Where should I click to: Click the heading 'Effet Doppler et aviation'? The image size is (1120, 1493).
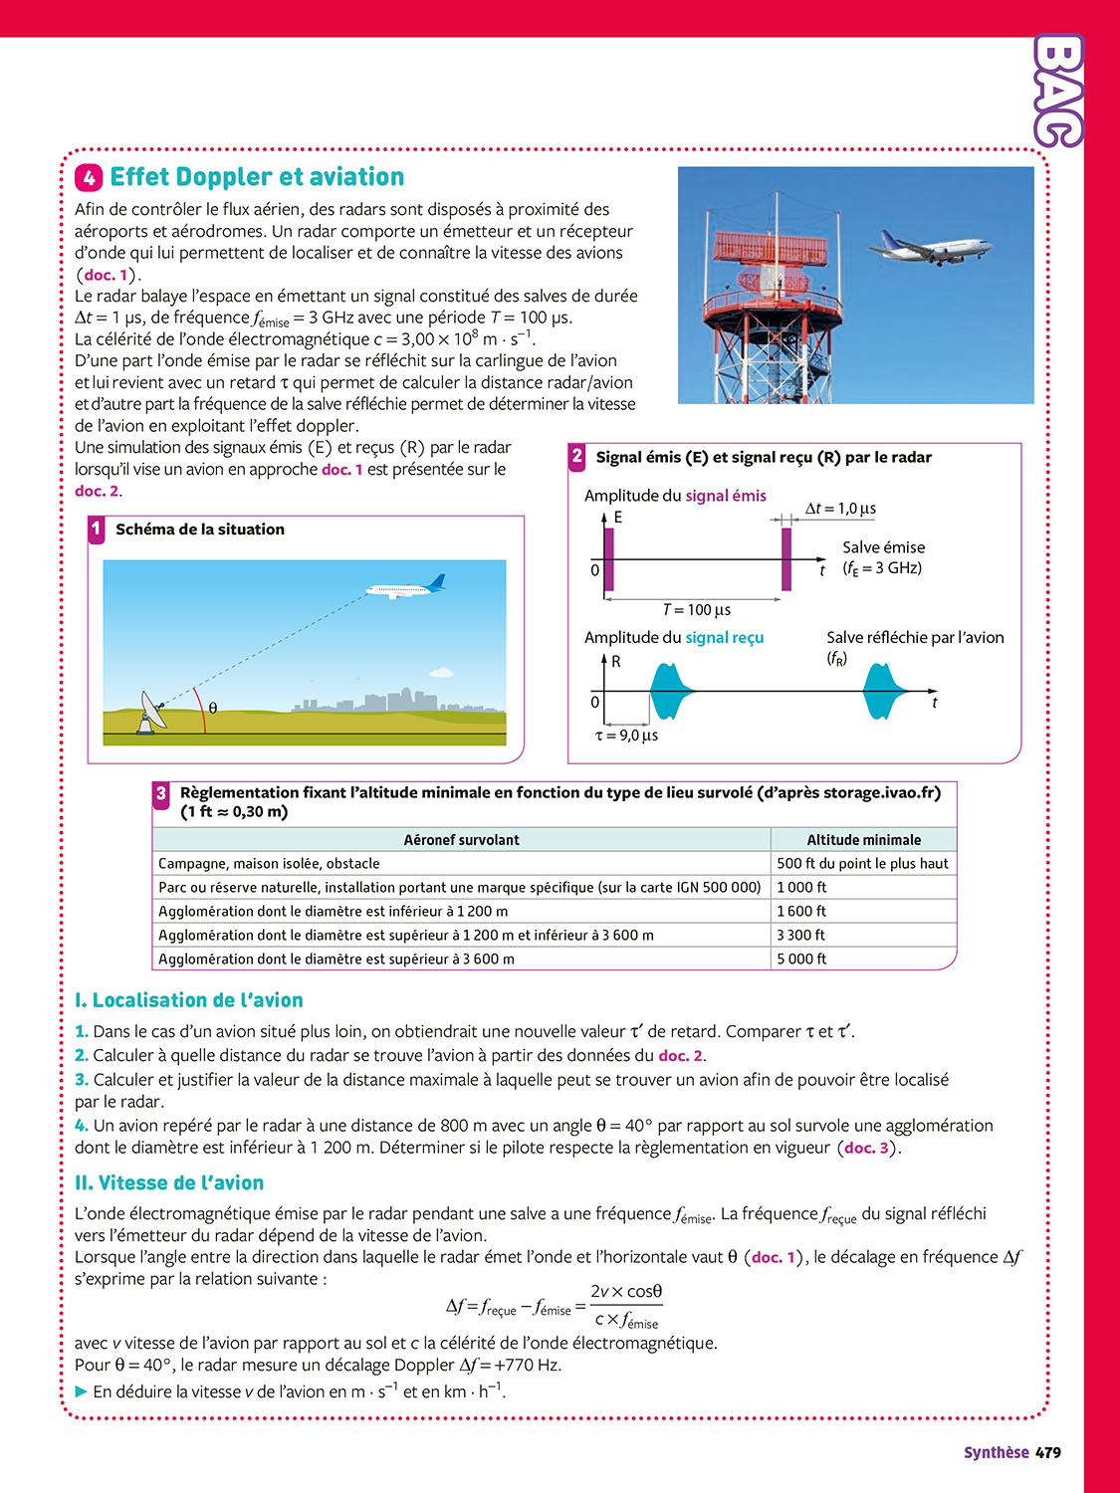click(x=257, y=177)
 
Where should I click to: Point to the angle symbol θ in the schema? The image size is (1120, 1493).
click(x=213, y=709)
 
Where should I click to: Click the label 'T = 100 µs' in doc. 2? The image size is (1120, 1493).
click(x=697, y=609)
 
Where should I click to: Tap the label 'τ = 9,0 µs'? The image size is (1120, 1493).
click(x=626, y=736)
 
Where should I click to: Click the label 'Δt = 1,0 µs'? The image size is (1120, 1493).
click(x=840, y=509)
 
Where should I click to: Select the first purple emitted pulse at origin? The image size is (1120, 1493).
click(x=608, y=559)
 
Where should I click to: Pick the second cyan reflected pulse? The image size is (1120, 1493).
click(x=883, y=691)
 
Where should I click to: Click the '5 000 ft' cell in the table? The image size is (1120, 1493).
click(x=801, y=959)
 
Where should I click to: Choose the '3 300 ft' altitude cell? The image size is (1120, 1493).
click(x=801, y=935)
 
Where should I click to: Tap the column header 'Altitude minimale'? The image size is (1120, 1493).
click(x=863, y=840)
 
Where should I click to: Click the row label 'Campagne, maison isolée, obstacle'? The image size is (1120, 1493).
click(x=269, y=864)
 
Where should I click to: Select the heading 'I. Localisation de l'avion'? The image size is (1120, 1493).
click(x=189, y=1000)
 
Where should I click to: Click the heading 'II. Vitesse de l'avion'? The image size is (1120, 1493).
click(x=169, y=1182)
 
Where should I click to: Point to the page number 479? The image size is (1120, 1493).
click(x=1048, y=1453)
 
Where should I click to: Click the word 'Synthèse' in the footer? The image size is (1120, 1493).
click(x=996, y=1453)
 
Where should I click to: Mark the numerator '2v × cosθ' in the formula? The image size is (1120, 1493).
click(x=626, y=1291)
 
